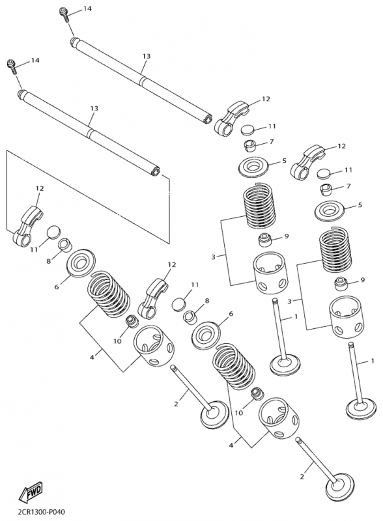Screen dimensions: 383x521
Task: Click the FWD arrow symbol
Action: (30, 492)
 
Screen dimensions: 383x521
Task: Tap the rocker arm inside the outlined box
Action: (27, 226)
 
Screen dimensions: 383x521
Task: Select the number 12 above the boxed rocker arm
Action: (40, 188)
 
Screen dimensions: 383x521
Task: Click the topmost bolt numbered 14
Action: (64, 14)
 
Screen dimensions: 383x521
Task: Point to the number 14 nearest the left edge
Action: (35, 60)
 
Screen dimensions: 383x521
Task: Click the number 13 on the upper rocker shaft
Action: (147, 56)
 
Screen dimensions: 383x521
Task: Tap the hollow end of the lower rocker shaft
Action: (155, 171)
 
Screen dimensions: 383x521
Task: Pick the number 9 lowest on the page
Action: (362, 280)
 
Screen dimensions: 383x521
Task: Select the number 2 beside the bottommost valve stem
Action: (302, 477)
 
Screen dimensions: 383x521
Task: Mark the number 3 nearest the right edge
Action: (289, 302)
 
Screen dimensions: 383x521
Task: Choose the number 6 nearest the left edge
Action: (57, 287)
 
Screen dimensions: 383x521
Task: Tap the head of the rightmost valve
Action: (362, 410)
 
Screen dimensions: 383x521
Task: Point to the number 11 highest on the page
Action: (272, 126)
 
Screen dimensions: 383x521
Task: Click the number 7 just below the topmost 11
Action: (272, 142)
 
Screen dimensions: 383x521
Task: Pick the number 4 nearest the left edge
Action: (91, 357)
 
